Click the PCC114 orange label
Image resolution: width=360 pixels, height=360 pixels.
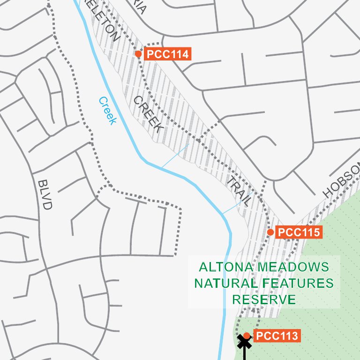coord(168,54)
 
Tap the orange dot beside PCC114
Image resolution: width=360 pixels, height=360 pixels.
coord(138,54)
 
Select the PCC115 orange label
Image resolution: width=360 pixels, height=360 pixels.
coord(299,232)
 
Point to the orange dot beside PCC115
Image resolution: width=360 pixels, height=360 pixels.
coord(270,232)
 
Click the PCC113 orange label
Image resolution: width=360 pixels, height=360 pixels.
coord(277,336)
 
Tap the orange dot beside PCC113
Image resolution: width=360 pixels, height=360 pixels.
coord(247,336)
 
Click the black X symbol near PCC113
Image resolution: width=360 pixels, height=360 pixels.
coord(244,342)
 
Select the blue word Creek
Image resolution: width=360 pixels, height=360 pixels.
coord(107,111)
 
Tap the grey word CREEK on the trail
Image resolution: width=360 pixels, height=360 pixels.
coord(148,114)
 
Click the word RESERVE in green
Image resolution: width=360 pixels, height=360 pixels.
coord(264,300)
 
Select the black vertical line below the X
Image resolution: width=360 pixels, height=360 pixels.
coord(244,354)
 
